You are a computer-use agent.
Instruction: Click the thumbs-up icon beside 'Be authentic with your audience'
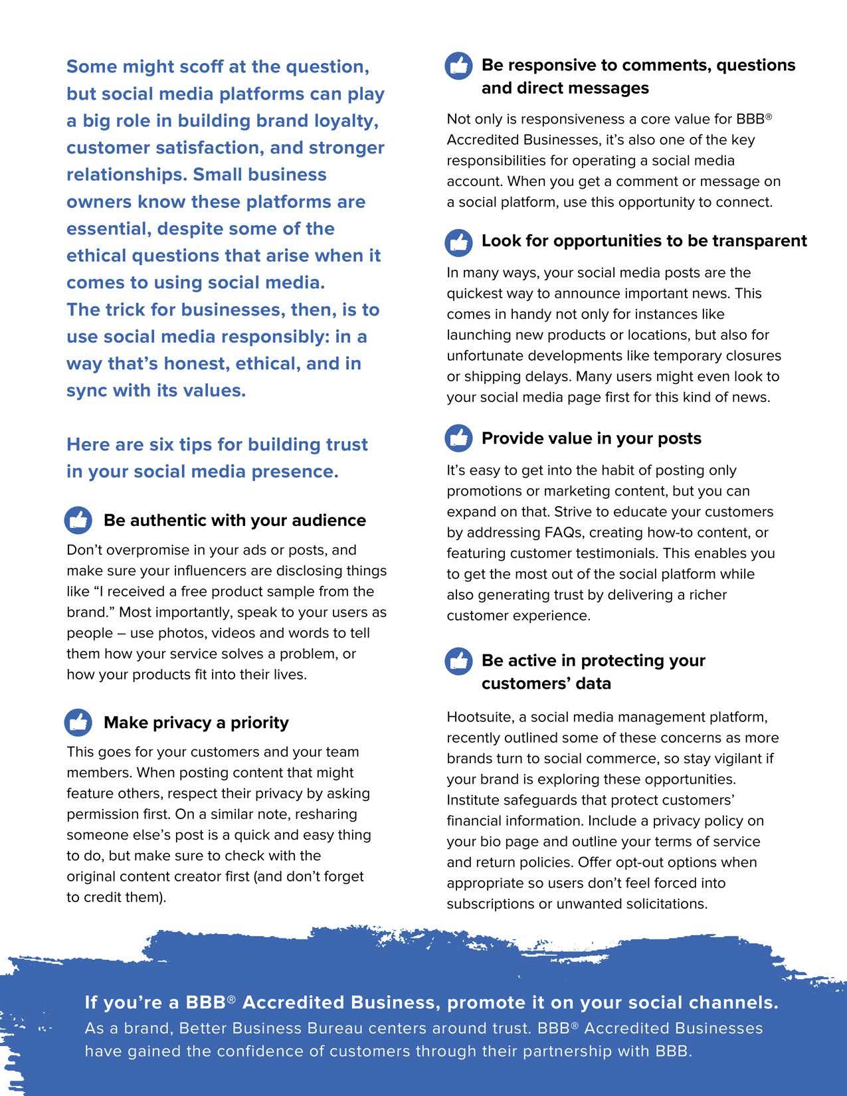(x=78, y=520)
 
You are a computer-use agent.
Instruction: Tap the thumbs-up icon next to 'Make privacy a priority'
(x=78, y=722)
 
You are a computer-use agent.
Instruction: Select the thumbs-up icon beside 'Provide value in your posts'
(x=458, y=438)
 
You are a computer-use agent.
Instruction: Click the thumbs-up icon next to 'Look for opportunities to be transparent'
(x=458, y=242)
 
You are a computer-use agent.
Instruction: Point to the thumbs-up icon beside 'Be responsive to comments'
(x=458, y=66)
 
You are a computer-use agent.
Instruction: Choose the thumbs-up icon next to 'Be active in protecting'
(x=458, y=661)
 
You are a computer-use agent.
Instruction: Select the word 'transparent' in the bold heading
(x=759, y=241)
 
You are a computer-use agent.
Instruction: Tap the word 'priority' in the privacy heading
(x=260, y=723)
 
